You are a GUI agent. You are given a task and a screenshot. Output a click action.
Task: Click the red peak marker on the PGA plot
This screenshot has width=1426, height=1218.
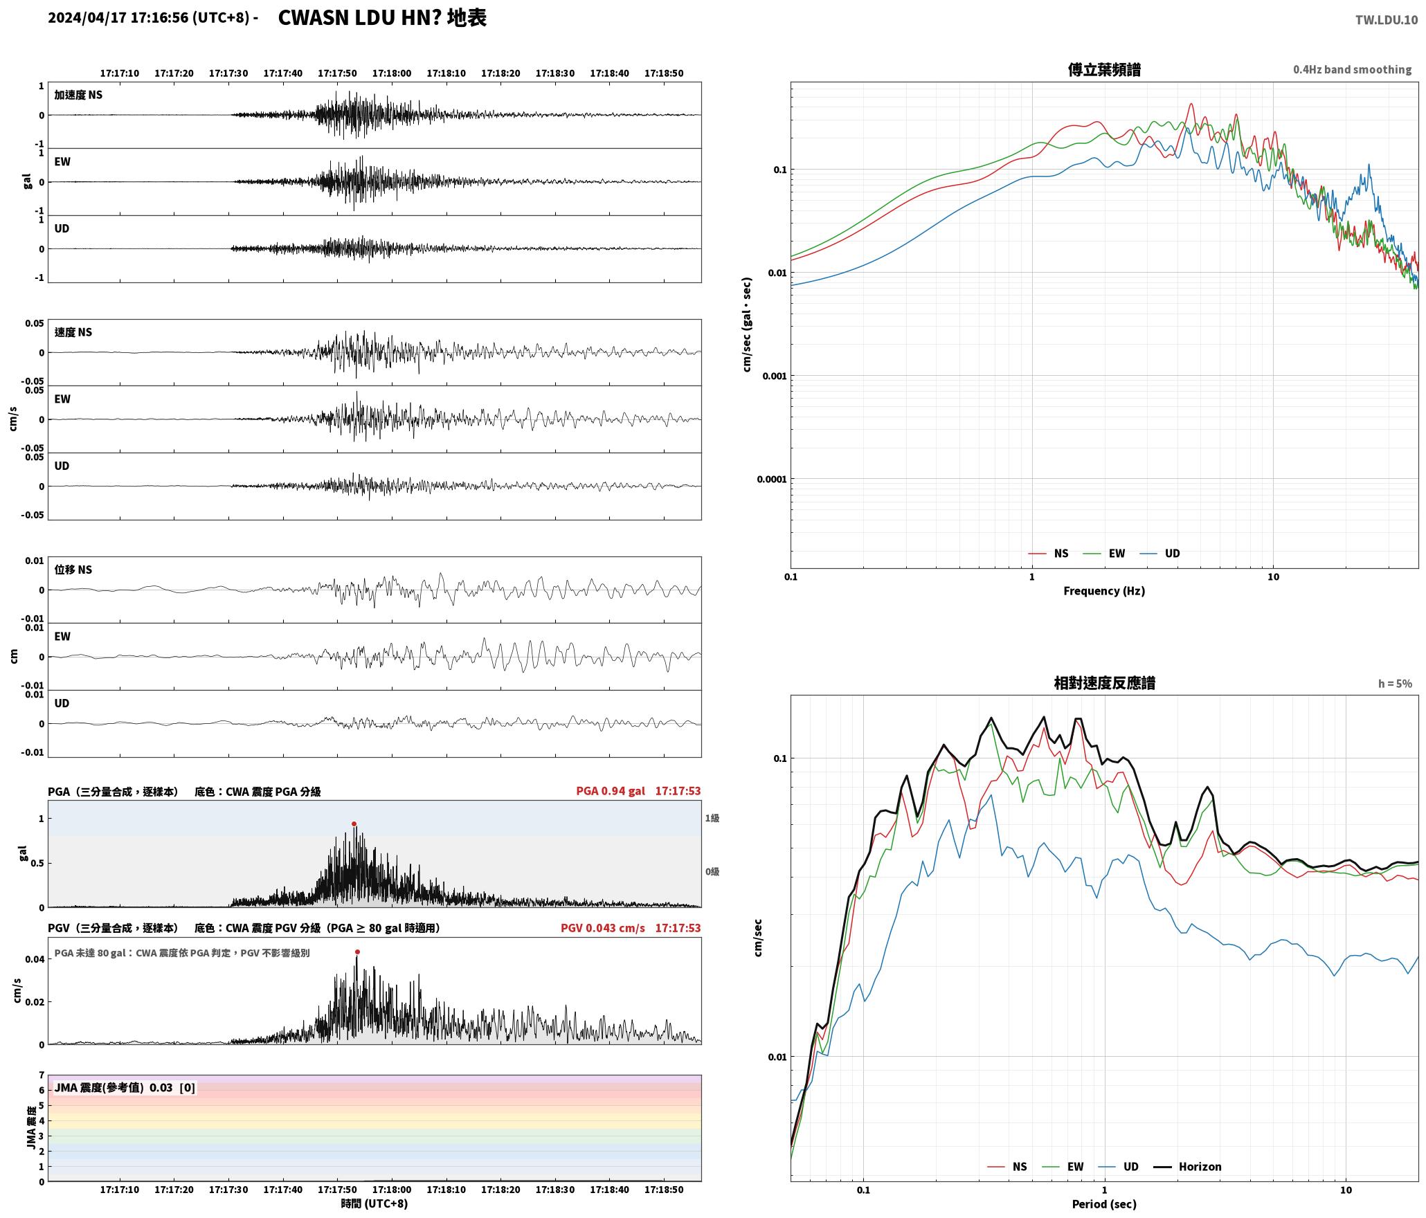354,824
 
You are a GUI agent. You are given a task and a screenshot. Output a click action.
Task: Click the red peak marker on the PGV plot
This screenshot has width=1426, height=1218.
357,952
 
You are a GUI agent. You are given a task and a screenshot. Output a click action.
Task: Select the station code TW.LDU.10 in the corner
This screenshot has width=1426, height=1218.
1386,20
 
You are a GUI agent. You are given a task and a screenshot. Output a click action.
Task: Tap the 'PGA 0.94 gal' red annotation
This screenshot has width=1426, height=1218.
611,790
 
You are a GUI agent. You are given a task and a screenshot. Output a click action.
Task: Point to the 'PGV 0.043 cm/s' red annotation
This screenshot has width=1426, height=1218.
602,927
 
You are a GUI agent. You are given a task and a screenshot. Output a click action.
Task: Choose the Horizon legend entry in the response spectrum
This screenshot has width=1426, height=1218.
1187,1166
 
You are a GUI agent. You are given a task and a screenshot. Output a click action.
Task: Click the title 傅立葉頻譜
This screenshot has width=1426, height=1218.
1104,69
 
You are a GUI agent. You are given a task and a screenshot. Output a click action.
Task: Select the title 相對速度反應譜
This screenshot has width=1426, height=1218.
1104,682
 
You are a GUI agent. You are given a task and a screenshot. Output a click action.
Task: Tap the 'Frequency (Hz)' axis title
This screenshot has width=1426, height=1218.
1104,590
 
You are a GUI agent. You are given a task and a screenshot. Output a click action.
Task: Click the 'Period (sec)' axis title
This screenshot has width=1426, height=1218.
1104,1203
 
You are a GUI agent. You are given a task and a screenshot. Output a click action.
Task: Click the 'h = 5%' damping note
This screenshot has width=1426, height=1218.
1395,683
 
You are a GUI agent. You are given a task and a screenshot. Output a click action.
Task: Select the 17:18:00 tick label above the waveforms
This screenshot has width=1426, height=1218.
392,73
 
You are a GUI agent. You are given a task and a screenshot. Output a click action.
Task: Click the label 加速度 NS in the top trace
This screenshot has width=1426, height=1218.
78,95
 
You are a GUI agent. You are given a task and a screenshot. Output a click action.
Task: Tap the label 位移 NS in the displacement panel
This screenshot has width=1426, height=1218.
73,570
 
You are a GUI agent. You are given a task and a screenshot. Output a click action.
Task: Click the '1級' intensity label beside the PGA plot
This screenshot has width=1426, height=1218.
712,818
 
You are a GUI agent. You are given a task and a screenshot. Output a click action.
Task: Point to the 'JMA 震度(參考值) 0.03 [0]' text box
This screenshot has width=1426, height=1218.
125,1087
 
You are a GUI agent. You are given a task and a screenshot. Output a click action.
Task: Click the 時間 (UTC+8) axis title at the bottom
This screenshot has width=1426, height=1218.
374,1203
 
